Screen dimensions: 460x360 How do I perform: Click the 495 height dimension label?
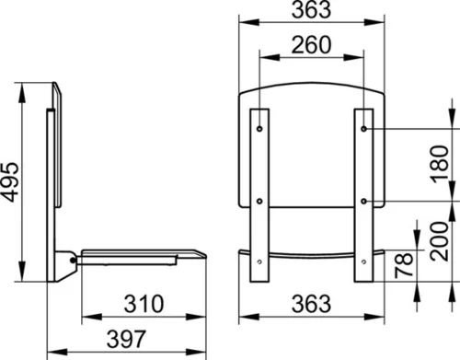click(11, 181)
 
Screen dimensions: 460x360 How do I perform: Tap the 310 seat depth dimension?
click(144, 304)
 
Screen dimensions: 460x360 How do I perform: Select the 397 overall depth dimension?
click(126, 339)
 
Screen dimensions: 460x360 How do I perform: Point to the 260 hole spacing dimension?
click(311, 45)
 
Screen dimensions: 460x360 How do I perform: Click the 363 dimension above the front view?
click(311, 9)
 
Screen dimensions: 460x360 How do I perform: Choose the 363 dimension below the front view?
click(311, 304)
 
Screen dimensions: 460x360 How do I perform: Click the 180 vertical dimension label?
click(441, 164)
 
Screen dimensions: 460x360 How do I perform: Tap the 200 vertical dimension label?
click(439, 241)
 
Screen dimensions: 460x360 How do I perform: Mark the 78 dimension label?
click(404, 265)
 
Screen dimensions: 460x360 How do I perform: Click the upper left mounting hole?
click(259, 129)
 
